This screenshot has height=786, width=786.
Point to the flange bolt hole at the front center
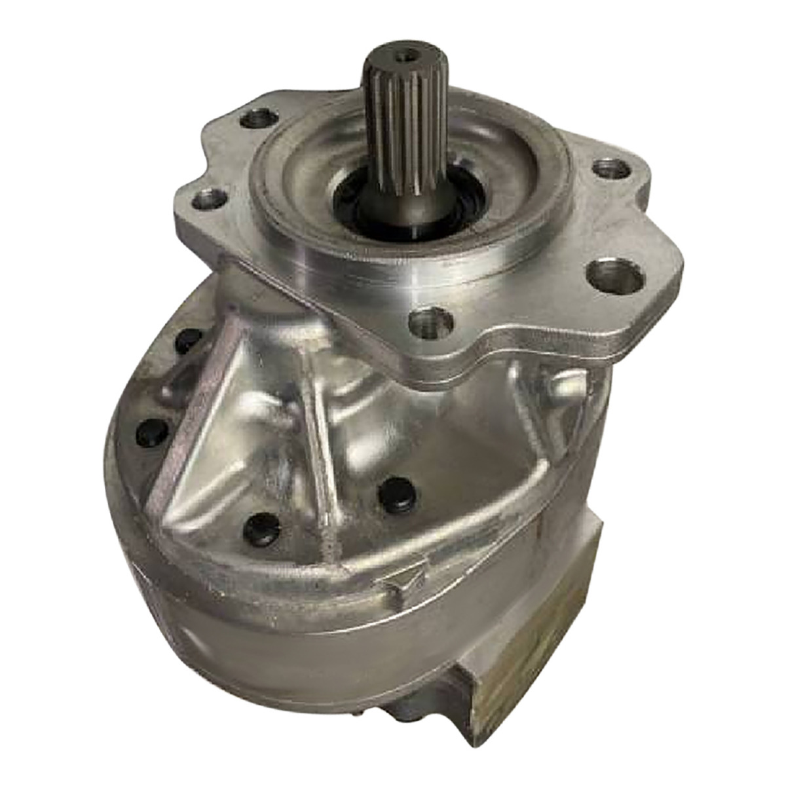430,320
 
